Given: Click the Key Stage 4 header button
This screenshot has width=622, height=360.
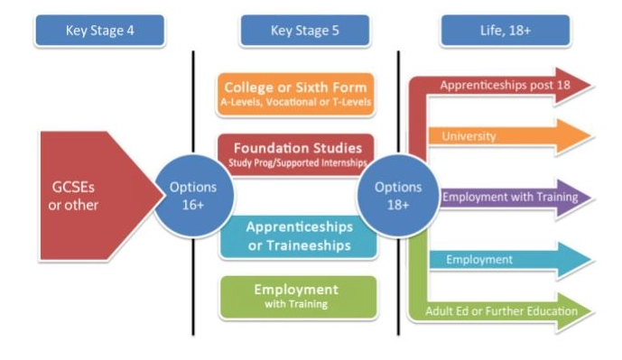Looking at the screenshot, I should click(99, 32).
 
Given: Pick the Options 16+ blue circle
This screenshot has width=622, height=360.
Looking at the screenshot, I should click(193, 196).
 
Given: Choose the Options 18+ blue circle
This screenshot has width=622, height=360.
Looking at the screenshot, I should click(398, 196).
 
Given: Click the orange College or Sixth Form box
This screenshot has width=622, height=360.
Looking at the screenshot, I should click(295, 94).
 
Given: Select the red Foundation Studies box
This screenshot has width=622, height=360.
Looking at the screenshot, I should click(295, 152).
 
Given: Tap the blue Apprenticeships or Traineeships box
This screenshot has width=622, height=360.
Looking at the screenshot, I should click(298, 235).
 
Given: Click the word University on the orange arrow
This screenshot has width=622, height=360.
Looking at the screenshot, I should click(469, 136).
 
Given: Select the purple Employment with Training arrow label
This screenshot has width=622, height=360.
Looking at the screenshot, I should click(503, 196).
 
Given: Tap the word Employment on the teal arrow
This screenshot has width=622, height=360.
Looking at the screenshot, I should click(479, 260).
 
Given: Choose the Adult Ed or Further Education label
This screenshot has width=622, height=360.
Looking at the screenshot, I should click(502, 312).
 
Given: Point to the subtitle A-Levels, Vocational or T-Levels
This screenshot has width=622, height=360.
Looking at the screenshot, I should click(295, 102).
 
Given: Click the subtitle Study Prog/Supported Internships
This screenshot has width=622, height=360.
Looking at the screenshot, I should click(295, 162).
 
